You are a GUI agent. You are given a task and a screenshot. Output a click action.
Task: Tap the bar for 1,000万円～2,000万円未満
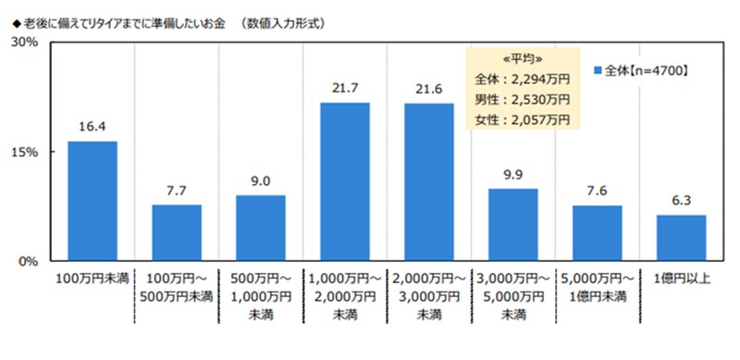coord(345,180)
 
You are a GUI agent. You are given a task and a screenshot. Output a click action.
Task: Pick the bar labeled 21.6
coord(428,180)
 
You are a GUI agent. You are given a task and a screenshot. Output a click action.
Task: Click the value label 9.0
coord(261,182)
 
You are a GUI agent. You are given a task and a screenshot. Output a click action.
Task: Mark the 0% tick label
coord(27,261)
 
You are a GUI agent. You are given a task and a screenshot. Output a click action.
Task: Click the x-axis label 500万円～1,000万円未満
coord(261,295)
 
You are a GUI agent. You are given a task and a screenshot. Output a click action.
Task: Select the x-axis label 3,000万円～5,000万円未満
coord(512,295)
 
